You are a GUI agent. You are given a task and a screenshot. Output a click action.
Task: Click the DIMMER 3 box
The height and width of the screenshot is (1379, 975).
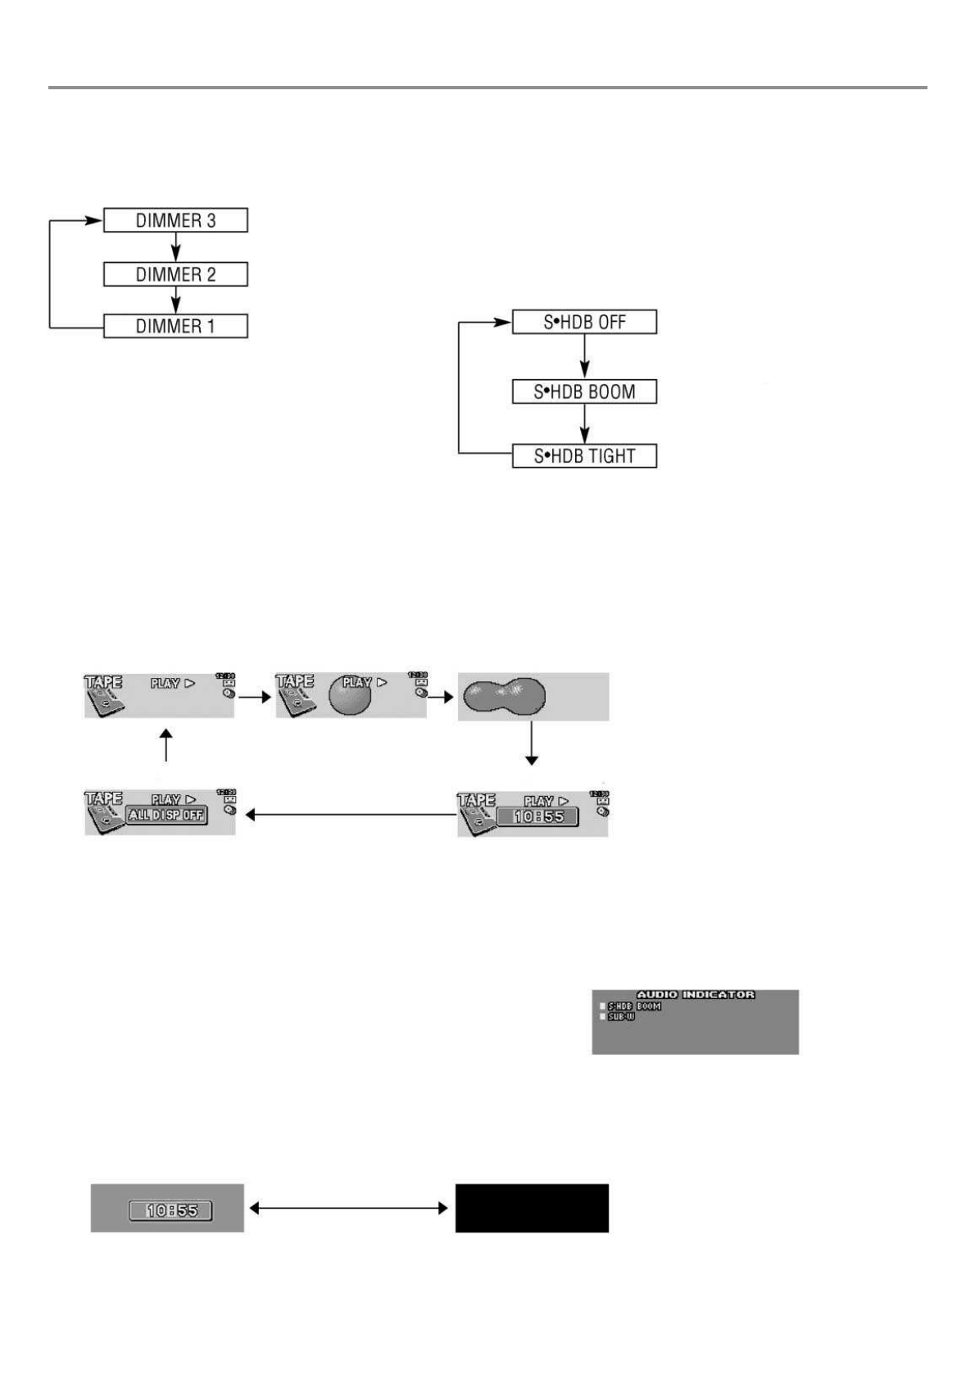(175, 220)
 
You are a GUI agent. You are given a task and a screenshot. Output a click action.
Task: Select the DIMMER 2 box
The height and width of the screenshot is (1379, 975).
(175, 274)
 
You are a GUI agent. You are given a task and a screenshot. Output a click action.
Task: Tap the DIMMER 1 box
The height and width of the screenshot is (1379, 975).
(175, 326)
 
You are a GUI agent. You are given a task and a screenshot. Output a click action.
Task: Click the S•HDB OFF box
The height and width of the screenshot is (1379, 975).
(584, 322)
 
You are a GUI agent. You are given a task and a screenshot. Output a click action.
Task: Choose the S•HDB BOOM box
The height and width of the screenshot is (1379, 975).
(584, 392)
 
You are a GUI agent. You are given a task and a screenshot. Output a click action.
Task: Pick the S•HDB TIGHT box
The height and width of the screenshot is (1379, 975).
(584, 456)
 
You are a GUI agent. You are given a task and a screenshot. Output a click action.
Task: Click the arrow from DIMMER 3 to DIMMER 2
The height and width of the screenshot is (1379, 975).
(175, 247)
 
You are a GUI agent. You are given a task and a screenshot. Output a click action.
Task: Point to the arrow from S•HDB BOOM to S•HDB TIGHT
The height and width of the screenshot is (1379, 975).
(584, 424)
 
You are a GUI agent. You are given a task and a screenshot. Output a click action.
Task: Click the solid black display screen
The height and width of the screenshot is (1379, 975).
(532, 1208)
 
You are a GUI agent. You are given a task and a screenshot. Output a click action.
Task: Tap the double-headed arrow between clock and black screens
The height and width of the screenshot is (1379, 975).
(349, 1208)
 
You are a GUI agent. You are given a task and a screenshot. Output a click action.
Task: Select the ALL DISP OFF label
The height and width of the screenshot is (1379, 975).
(166, 815)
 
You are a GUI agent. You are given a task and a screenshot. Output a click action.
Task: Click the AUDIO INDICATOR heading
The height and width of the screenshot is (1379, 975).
(696, 994)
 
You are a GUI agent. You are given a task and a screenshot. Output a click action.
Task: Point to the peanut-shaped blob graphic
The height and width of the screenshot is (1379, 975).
(504, 695)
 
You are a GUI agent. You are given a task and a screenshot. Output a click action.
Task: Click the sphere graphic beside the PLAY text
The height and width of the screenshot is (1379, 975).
(349, 697)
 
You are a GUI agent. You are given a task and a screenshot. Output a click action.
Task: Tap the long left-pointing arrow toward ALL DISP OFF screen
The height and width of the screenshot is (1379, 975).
(351, 815)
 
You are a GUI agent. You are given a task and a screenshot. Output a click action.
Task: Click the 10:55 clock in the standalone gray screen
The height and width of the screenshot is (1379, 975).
(171, 1209)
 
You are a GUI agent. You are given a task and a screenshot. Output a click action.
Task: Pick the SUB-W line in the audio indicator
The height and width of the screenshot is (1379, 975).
(621, 1017)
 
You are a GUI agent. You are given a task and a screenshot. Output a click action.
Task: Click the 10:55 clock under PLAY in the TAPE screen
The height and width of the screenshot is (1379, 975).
(538, 817)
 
